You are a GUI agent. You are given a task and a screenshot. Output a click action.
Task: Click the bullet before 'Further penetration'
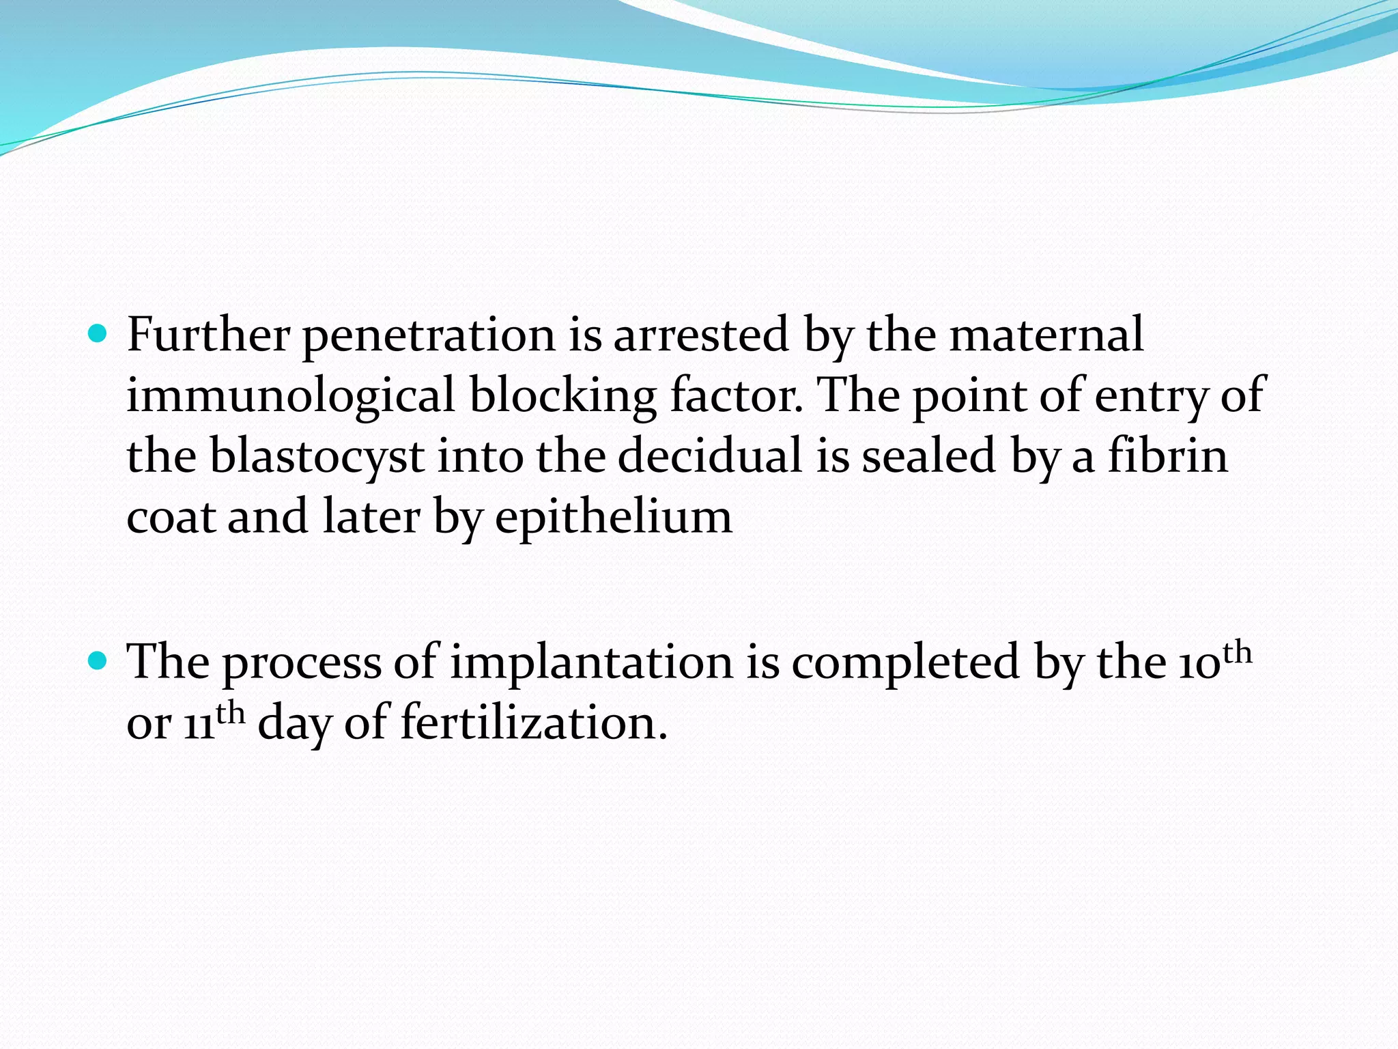[x=99, y=334]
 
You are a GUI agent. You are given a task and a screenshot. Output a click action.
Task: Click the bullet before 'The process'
[x=99, y=660]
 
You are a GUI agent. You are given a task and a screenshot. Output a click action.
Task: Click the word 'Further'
[x=208, y=335]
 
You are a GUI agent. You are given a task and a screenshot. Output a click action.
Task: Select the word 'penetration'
[x=429, y=336]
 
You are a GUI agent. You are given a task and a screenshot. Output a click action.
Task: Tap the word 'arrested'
[x=701, y=335]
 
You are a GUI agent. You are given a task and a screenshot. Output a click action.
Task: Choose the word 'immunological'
[x=290, y=396]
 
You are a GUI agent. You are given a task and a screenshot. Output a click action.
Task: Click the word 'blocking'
[x=563, y=396]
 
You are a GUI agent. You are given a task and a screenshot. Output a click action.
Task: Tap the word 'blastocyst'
[x=317, y=456]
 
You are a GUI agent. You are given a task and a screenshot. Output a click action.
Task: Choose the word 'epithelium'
[x=613, y=518]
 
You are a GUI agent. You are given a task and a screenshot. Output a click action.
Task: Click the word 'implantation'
[x=591, y=662]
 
